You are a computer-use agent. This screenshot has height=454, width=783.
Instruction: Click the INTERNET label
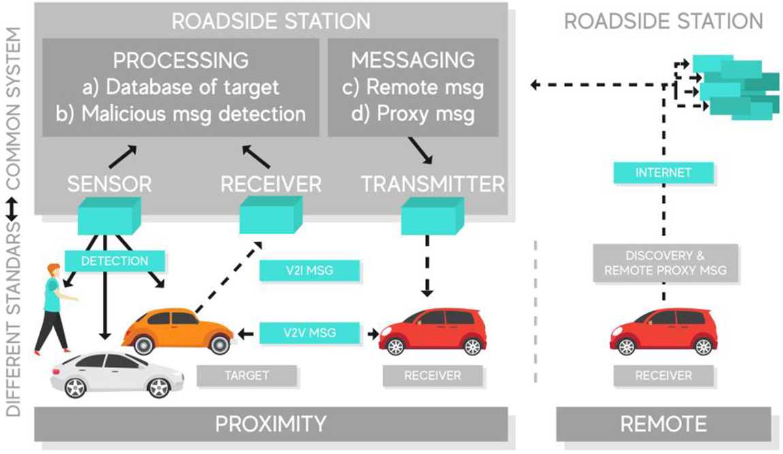click(x=663, y=173)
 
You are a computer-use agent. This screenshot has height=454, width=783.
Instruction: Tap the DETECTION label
click(x=115, y=261)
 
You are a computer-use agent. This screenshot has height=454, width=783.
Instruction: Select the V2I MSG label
click(x=309, y=271)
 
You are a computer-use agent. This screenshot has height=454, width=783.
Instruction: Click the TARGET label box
click(x=246, y=375)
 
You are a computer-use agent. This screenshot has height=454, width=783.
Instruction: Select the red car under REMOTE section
click(x=663, y=331)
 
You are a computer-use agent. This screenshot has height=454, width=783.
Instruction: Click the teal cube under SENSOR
click(x=109, y=216)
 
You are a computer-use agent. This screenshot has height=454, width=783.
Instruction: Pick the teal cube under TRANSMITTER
click(x=432, y=216)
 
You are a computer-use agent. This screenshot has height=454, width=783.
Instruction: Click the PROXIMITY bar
click(x=271, y=424)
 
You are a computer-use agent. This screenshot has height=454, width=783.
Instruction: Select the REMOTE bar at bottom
click(x=663, y=424)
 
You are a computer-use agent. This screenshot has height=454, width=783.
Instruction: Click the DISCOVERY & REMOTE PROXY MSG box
click(x=663, y=262)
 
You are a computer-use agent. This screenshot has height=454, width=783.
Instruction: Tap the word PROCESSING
click(x=180, y=60)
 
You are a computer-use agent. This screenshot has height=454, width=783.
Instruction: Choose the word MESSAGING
click(x=413, y=60)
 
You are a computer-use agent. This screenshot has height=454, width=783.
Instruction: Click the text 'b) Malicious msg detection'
click(x=180, y=113)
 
